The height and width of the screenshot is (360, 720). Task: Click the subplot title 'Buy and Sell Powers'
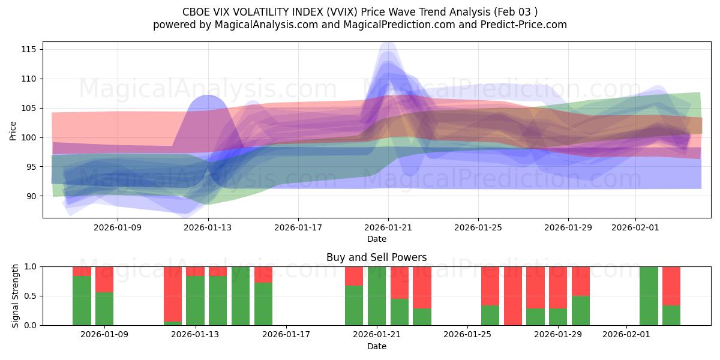376,257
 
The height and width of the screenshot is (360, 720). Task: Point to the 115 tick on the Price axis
29,49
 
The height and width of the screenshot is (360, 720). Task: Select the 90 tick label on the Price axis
31,196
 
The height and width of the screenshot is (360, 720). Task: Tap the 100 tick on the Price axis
29,137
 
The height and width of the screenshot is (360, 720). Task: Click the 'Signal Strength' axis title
16,296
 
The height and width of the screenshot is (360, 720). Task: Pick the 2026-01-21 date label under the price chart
388,227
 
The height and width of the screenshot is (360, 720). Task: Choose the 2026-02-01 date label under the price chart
636,227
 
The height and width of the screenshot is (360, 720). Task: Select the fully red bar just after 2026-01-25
513,296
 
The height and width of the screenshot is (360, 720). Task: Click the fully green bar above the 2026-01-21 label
377,296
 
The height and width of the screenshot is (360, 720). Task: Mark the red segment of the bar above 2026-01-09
104,279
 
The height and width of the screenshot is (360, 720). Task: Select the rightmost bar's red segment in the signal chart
671,286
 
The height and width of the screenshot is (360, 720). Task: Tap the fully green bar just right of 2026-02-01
649,296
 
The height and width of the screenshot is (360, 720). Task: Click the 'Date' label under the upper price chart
377,239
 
